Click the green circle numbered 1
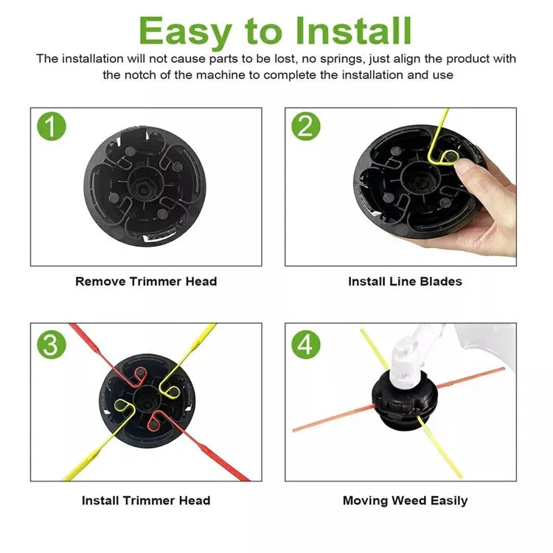52,126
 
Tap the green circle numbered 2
306,126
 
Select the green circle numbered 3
52,344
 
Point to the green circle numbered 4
306,344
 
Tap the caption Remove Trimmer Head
146,282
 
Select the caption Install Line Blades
405,282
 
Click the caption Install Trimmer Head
146,501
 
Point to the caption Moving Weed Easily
406,501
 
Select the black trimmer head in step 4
404,400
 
